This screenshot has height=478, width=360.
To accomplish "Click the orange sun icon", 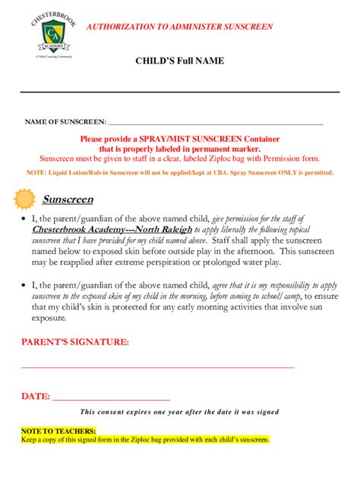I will click(x=24, y=200).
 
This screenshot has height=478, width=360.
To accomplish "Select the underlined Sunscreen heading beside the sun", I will click(x=68, y=200).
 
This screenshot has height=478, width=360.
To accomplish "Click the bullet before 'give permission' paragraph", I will click(x=24, y=217).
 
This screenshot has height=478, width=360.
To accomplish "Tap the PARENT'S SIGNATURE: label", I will click(x=74, y=342).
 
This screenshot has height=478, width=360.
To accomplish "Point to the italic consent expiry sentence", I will click(x=179, y=412).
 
